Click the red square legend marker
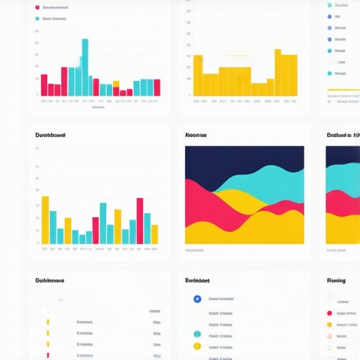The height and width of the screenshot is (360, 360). [x=37, y=7]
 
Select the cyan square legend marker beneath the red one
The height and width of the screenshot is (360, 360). [x=37, y=19]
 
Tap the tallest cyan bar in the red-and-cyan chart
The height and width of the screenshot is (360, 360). [x=85, y=67]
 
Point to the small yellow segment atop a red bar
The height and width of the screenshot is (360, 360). [x=129, y=88]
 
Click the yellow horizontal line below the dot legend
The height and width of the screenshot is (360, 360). [x=343, y=90]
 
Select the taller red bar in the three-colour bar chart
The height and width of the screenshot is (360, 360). [x=139, y=221]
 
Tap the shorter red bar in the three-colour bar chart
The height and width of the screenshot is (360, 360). [x=96, y=230]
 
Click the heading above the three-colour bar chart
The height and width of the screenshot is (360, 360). [x=50, y=134]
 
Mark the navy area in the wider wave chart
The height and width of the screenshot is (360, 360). [x=244, y=158]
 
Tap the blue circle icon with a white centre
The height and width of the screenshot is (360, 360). [x=197, y=299]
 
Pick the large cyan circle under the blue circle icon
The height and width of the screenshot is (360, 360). [x=197, y=333]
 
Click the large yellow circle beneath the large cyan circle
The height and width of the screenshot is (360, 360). [x=197, y=346]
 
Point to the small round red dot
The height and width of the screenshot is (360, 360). [x=329, y=313]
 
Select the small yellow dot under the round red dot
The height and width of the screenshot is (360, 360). [x=329, y=325]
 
